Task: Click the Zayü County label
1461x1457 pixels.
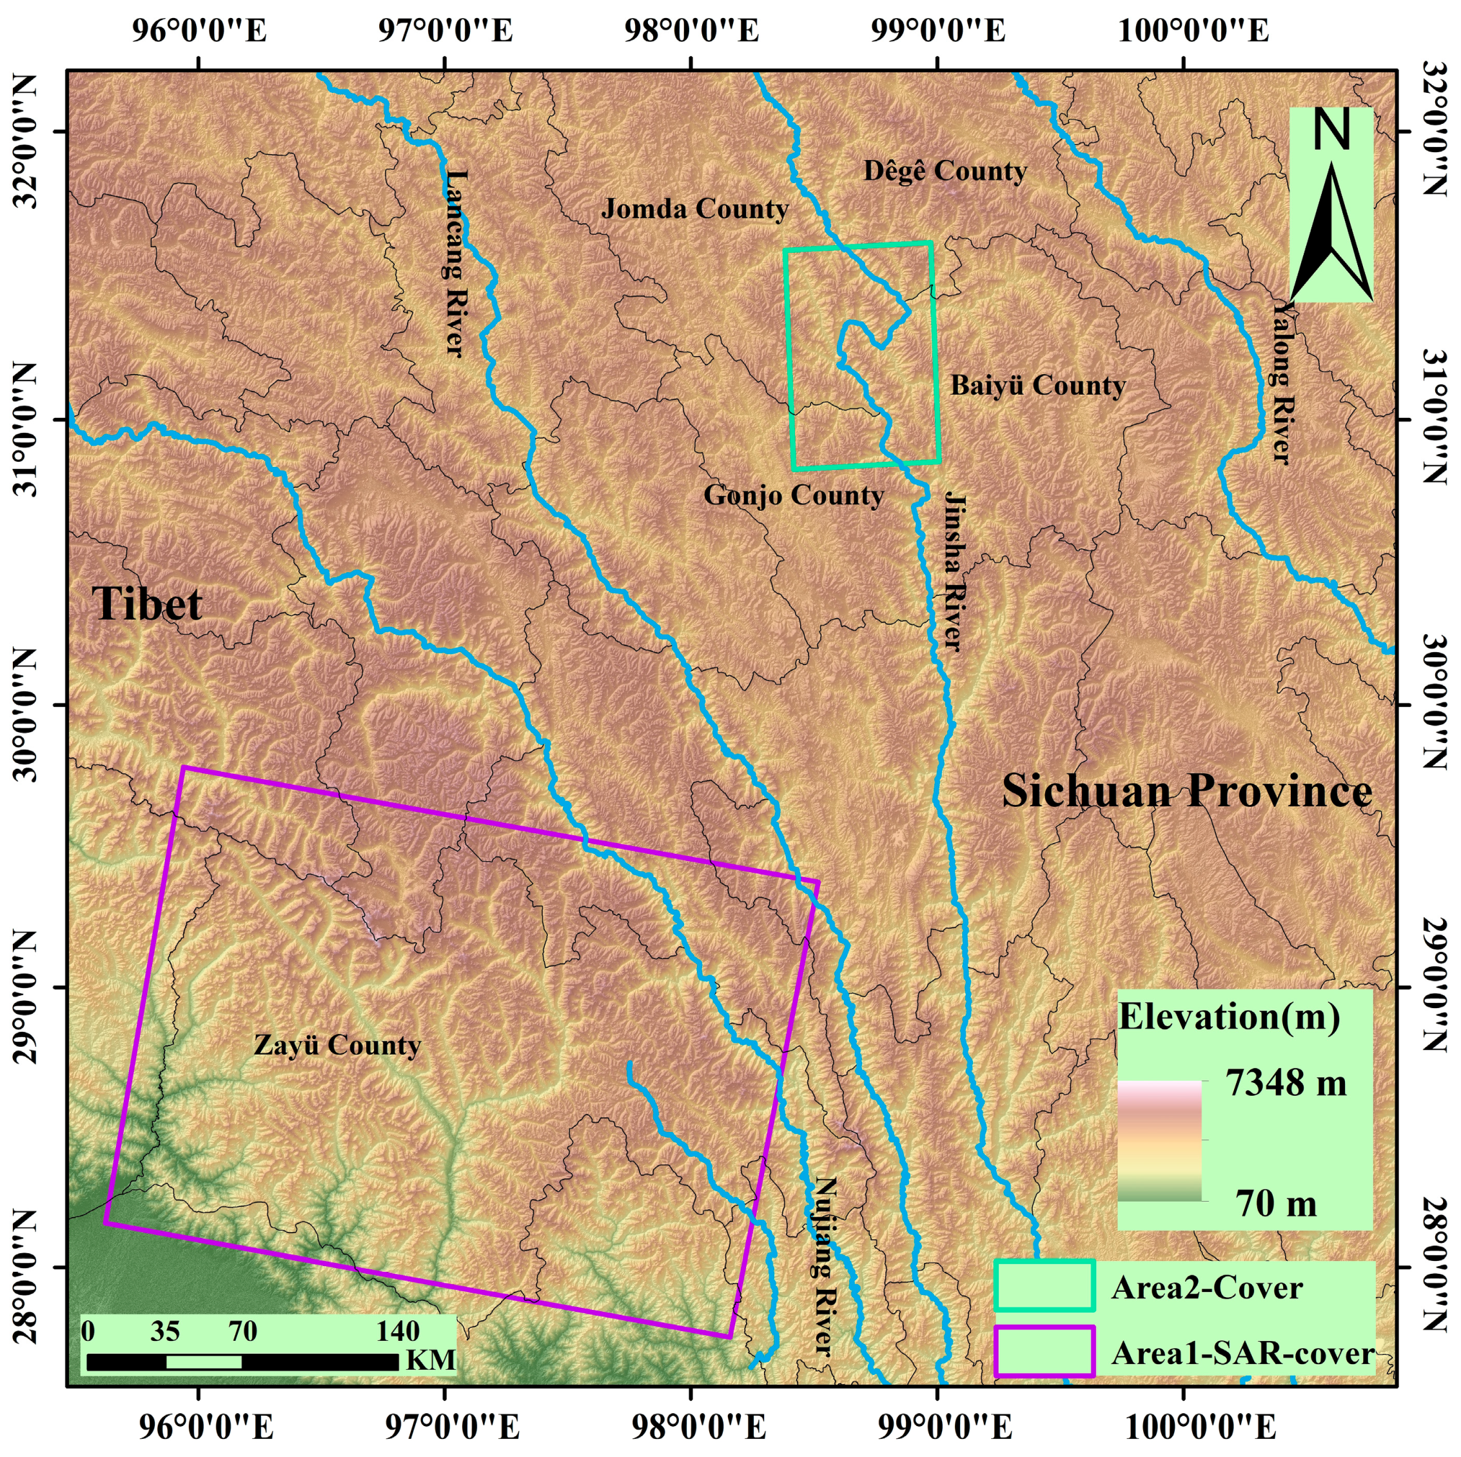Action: pos(337,1045)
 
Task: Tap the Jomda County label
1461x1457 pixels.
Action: pos(694,208)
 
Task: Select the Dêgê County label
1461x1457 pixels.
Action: pos(945,171)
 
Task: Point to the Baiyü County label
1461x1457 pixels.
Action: pos(1037,385)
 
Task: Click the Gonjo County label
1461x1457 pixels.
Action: pos(793,495)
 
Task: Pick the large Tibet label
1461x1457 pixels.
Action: pos(148,604)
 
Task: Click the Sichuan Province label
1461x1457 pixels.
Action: pos(1186,791)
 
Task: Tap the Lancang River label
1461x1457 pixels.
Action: pos(455,262)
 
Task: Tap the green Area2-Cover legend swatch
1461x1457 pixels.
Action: pos(1044,1285)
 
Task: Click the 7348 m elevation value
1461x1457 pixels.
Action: pos(1286,1084)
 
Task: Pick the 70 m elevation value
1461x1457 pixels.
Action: pos(1277,1203)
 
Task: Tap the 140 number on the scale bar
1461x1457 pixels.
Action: pos(398,1331)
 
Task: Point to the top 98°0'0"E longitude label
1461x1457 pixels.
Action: pos(691,32)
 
